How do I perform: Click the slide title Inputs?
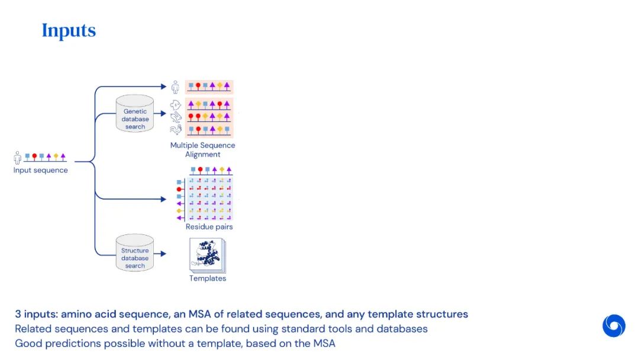coord(69,31)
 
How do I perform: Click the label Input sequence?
coord(41,171)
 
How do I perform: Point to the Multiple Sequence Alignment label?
coord(202,150)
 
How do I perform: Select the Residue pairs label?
coord(209,227)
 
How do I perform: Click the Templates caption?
coord(208,278)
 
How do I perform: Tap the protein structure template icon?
coord(206,255)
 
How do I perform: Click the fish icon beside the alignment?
coord(175,104)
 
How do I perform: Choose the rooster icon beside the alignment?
coord(175,130)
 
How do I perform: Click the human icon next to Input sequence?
coord(18,157)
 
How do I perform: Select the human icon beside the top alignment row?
coord(175,88)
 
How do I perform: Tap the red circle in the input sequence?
coord(34,157)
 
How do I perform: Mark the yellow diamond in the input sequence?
coord(56,157)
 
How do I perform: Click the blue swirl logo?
coord(614,326)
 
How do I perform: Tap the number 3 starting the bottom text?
coord(18,314)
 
